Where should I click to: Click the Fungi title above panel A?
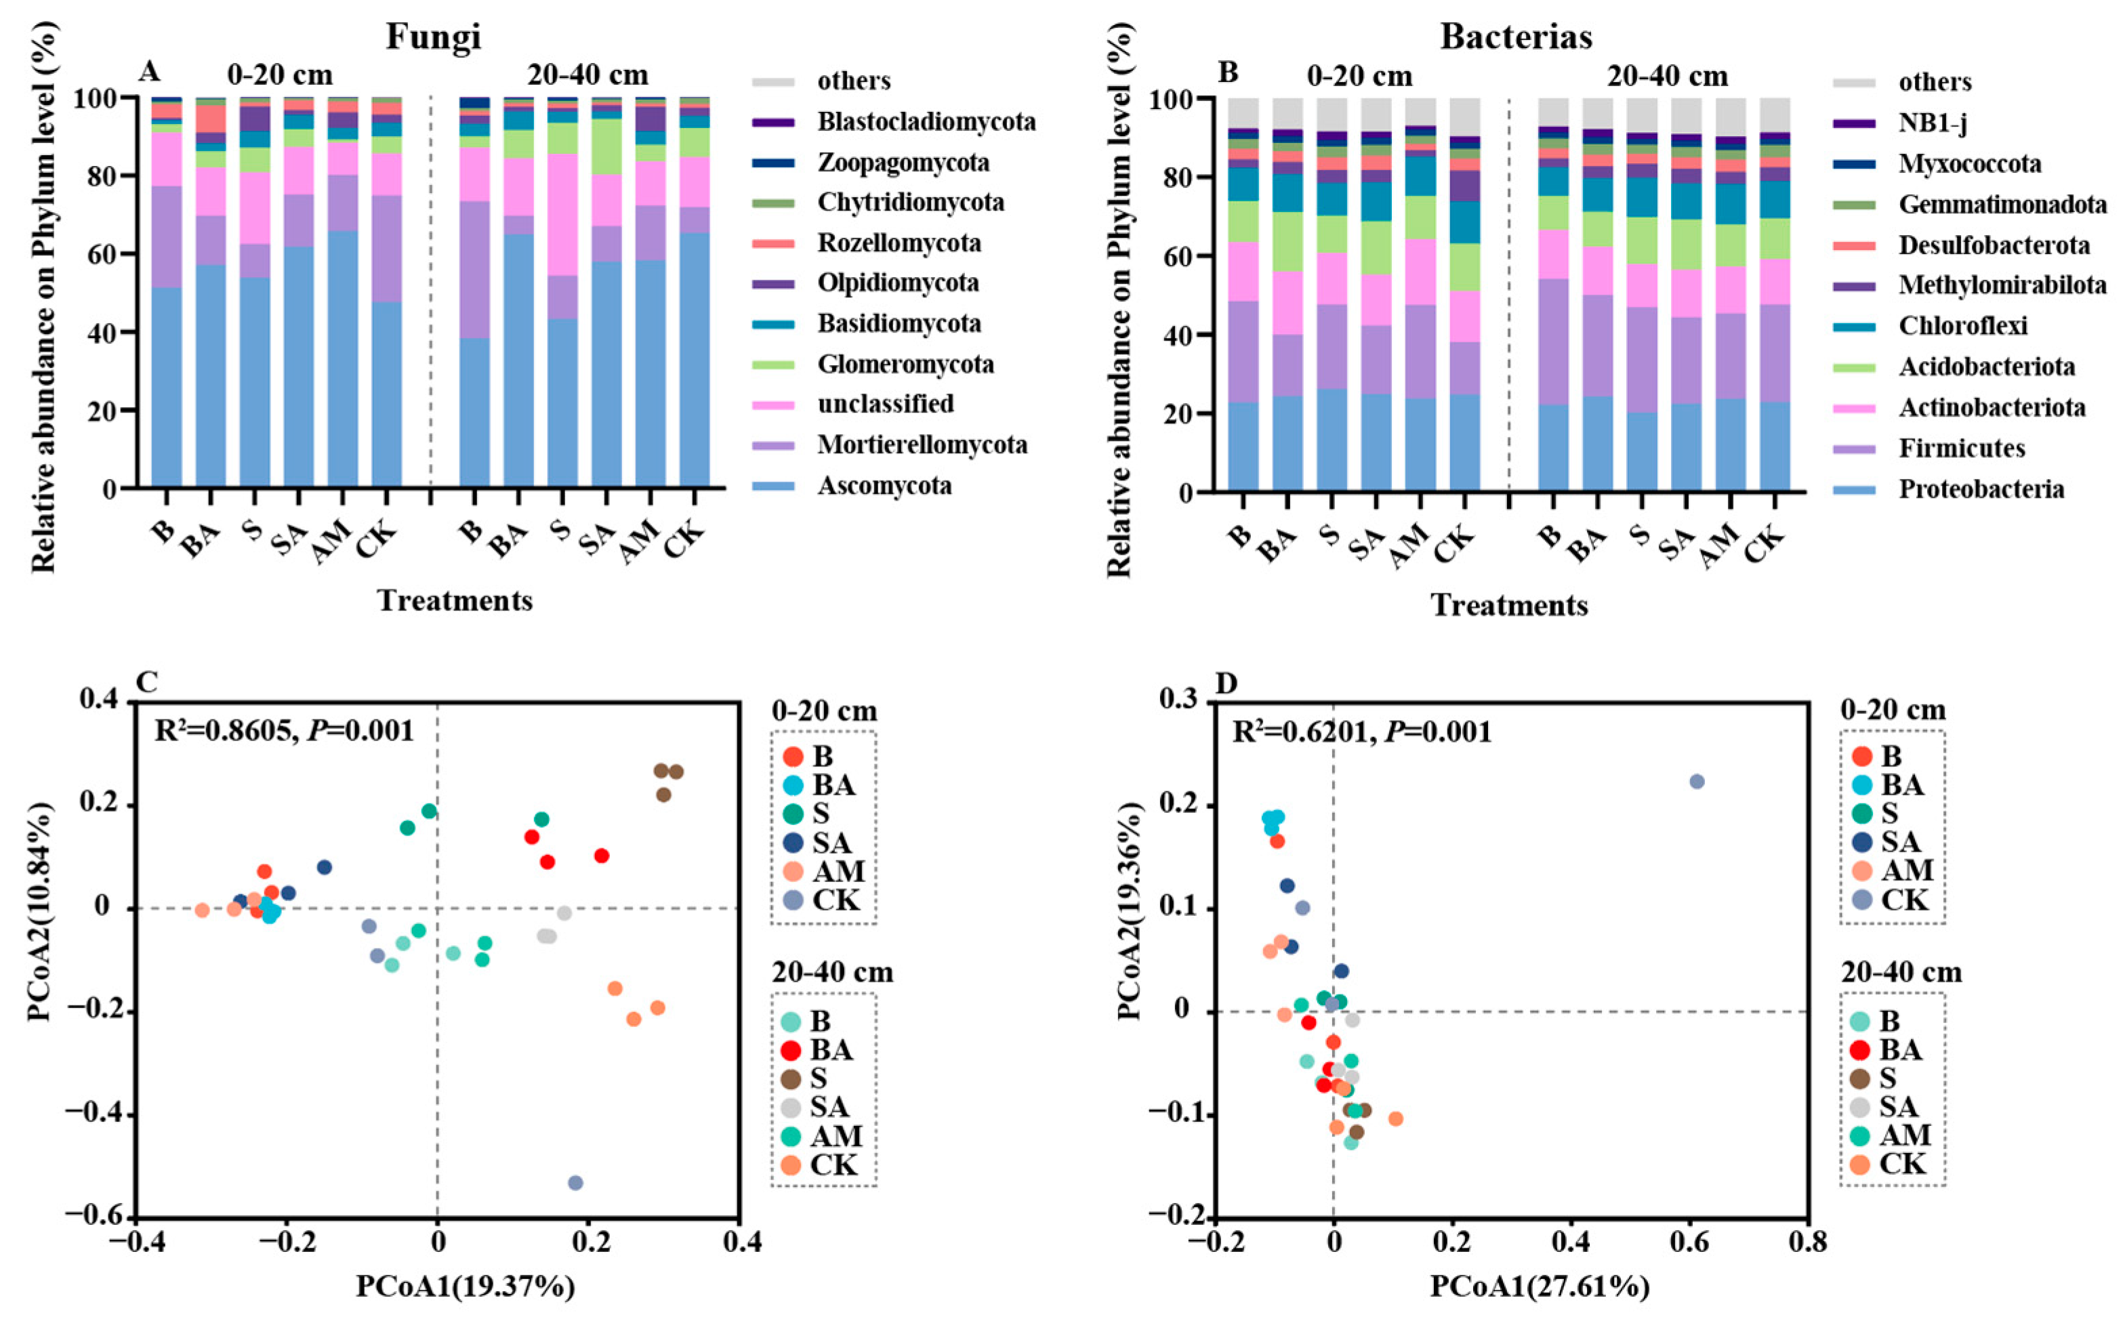tap(434, 37)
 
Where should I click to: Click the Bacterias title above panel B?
tap(1516, 37)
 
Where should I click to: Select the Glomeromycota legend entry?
tap(905, 364)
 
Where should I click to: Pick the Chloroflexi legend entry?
tap(1963, 325)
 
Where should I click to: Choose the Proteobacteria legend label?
tap(1981, 488)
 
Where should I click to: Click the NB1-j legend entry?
tap(1931, 123)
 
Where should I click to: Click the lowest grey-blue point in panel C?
tap(575, 1183)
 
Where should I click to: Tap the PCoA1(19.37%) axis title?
tap(465, 1286)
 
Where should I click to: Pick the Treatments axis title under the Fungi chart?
tap(455, 601)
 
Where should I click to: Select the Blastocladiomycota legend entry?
tap(926, 121)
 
